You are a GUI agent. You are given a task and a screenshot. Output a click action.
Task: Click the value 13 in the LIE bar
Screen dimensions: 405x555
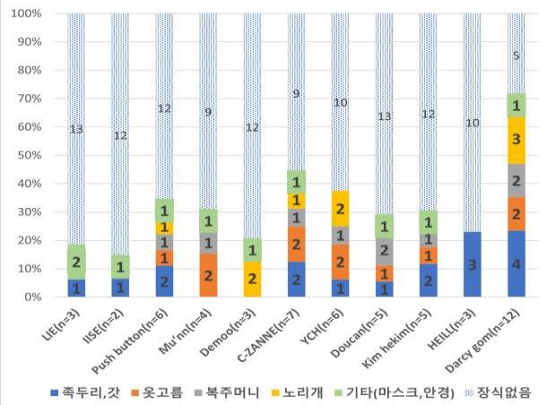click(77, 129)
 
